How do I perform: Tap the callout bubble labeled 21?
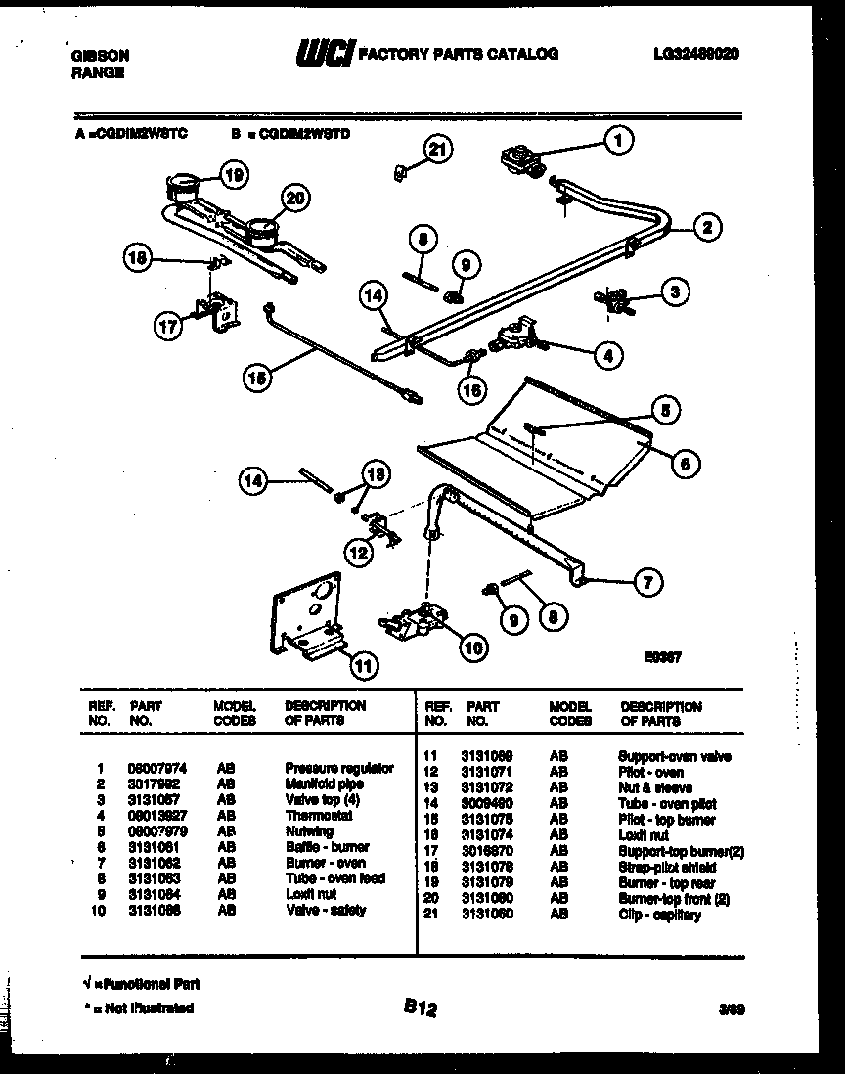coord(439,149)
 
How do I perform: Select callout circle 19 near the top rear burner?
coord(233,176)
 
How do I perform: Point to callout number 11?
coord(362,666)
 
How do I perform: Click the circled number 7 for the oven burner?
coord(645,585)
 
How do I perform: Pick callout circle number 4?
coord(608,356)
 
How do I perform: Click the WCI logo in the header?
coord(323,53)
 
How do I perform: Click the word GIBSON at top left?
coord(101,57)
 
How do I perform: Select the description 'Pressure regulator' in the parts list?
coord(339,769)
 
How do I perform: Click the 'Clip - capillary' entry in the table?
coord(660,915)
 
